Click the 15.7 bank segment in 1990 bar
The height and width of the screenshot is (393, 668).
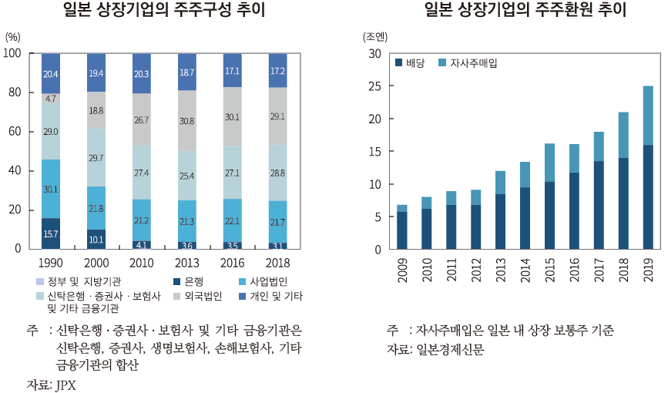pos(51,233)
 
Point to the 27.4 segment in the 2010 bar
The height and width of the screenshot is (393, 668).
pos(142,173)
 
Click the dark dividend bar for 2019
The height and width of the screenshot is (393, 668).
pos(648,196)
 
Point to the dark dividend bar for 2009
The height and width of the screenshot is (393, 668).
pos(401,230)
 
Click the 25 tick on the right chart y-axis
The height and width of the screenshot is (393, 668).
pos(374,86)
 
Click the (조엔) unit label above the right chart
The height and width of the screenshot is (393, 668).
pos(375,36)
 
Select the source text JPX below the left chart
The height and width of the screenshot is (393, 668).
pos(65,385)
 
